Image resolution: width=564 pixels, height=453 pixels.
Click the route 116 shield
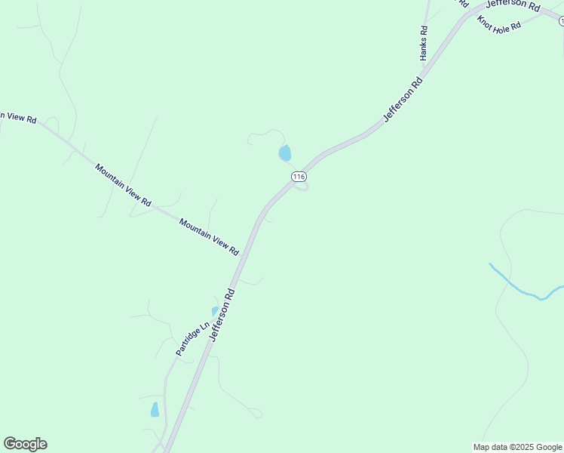pyautogui.click(x=299, y=176)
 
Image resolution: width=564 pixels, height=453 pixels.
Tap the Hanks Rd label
pyautogui.click(x=424, y=44)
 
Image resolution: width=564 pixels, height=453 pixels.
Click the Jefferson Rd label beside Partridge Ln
pyautogui.click(x=223, y=313)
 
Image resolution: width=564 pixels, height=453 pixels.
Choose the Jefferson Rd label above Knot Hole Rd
pyautogui.click(x=513, y=5)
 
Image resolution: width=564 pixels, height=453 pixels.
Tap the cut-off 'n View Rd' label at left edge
pyautogui.click(x=17, y=117)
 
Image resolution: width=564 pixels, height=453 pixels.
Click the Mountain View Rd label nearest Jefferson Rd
pyautogui.click(x=209, y=236)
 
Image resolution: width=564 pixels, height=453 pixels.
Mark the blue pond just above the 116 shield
pyautogui.click(x=285, y=153)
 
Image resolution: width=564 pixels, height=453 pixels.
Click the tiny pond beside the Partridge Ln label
pyautogui.click(x=215, y=311)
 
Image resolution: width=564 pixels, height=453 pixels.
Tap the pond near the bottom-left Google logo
pyautogui.click(x=155, y=410)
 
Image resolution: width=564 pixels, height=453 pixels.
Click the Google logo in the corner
pyautogui.click(x=25, y=444)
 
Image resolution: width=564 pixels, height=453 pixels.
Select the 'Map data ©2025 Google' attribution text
pyautogui.click(x=518, y=447)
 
